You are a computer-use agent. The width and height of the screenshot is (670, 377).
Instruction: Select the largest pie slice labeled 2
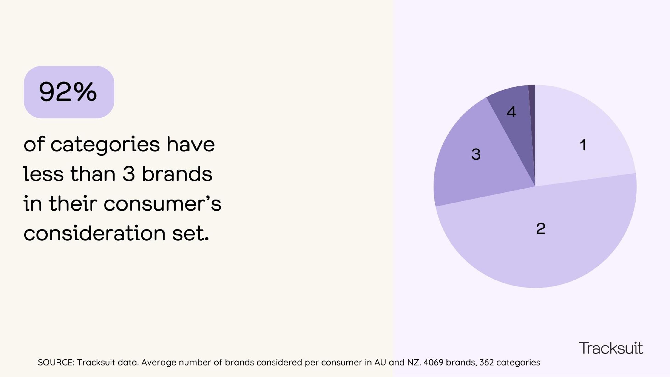click(541, 234)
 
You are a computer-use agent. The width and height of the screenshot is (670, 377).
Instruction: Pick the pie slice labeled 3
click(476, 161)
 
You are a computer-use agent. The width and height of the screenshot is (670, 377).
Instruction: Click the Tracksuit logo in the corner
click(611, 348)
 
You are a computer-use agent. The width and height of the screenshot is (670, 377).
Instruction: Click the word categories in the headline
click(105, 145)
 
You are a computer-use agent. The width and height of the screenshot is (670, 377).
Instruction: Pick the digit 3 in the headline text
click(129, 174)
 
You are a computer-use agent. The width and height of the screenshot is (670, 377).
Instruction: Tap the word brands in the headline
click(177, 174)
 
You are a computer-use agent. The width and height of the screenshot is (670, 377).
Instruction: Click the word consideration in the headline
click(94, 233)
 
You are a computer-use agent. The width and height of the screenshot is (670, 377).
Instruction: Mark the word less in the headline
click(43, 174)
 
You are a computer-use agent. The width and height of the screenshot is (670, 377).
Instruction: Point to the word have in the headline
click(190, 145)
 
